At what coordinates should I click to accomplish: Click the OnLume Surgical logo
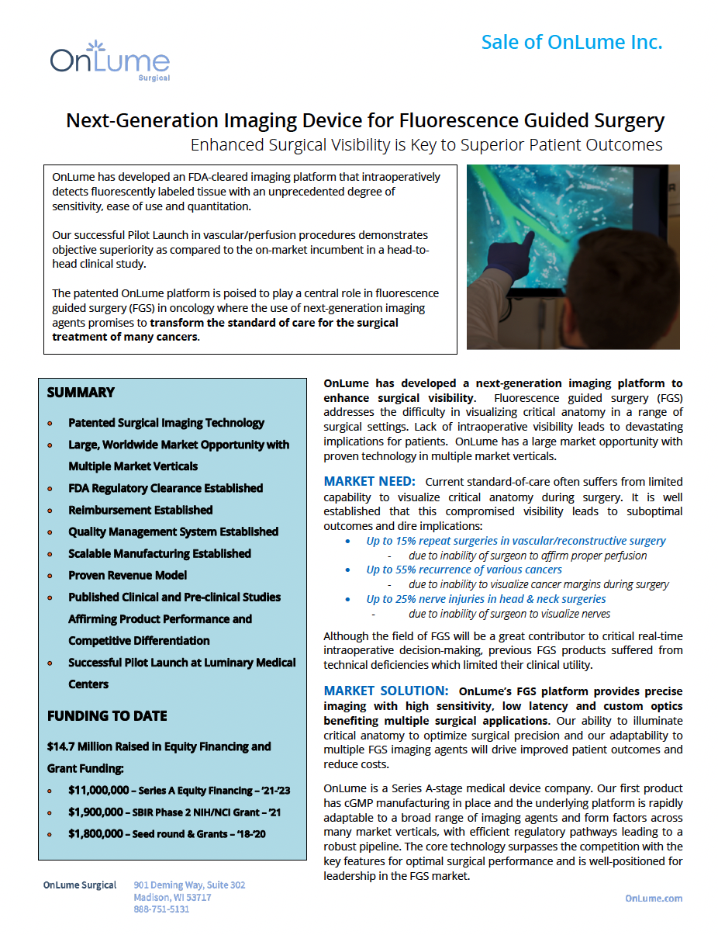(x=109, y=61)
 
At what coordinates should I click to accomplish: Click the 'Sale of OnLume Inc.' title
(x=571, y=42)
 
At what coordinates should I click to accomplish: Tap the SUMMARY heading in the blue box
(x=81, y=393)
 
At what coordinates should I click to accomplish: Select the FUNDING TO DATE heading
(x=107, y=715)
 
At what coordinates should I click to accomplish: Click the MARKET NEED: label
(x=369, y=482)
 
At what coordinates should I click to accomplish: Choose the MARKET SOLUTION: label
(x=385, y=691)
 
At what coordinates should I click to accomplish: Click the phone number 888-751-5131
(x=161, y=909)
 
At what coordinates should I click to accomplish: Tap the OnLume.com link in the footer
(x=654, y=898)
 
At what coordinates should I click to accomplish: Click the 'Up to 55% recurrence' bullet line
(x=464, y=570)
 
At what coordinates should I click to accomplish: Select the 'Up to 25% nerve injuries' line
(x=486, y=599)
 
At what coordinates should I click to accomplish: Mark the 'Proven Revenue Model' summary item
(x=127, y=576)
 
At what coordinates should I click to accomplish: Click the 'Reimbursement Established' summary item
(x=140, y=511)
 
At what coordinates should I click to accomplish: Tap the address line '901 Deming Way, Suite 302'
(x=189, y=885)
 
